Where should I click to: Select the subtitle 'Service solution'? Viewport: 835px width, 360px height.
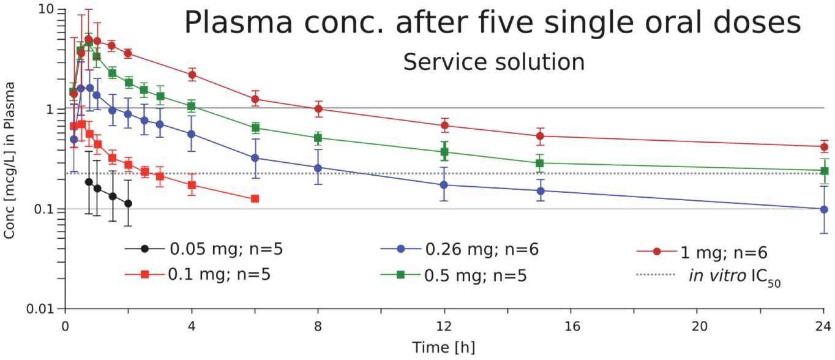[x=493, y=62]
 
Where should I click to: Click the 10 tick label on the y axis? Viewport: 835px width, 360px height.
[x=48, y=10]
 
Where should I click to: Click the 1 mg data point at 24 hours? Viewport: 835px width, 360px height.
[x=823, y=147]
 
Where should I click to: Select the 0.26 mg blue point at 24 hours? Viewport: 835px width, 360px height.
[x=823, y=209]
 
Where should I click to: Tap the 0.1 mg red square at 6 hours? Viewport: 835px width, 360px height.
[x=255, y=198]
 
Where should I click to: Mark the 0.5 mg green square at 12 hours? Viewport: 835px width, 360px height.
[x=444, y=152]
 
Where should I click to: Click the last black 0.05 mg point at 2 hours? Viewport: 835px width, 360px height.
[x=128, y=203]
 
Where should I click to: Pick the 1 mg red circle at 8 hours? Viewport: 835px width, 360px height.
[x=318, y=108]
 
